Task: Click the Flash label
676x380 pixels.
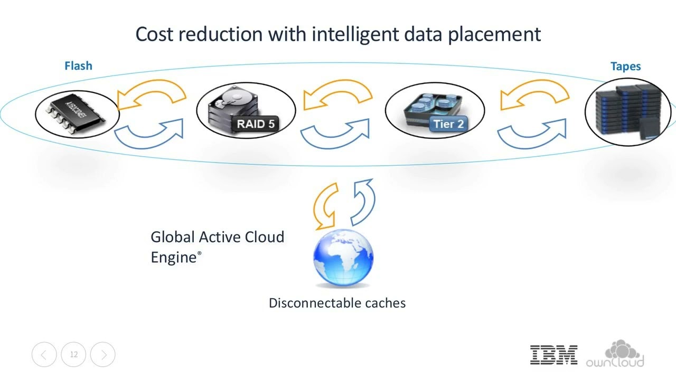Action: pyautogui.click(x=78, y=66)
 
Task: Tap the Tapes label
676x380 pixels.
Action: pyautogui.click(x=625, y=66)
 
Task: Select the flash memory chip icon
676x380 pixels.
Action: pyautogui.click(x=77, y=112)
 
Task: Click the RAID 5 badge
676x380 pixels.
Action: pyautogui.click(x=256, y=125)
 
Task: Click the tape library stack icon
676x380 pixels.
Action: pyautogui.click(x=627, y=110)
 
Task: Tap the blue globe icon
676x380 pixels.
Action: pyautogui.click(x=343, y=258)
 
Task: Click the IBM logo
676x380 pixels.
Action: pyautogui.click(x=553, y=355)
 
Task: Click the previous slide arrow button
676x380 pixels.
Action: pyautogui.click(x=44, y=355)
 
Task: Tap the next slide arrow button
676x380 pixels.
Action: pyautogui.click(x=103, y=355)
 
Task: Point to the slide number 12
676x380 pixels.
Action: pyautogui.click(x=74, y=355)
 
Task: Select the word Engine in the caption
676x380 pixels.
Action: pyautogui.click(x=173, y=258)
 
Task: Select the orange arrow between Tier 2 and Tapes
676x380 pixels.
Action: pyautogui.click(x=534, y=95)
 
